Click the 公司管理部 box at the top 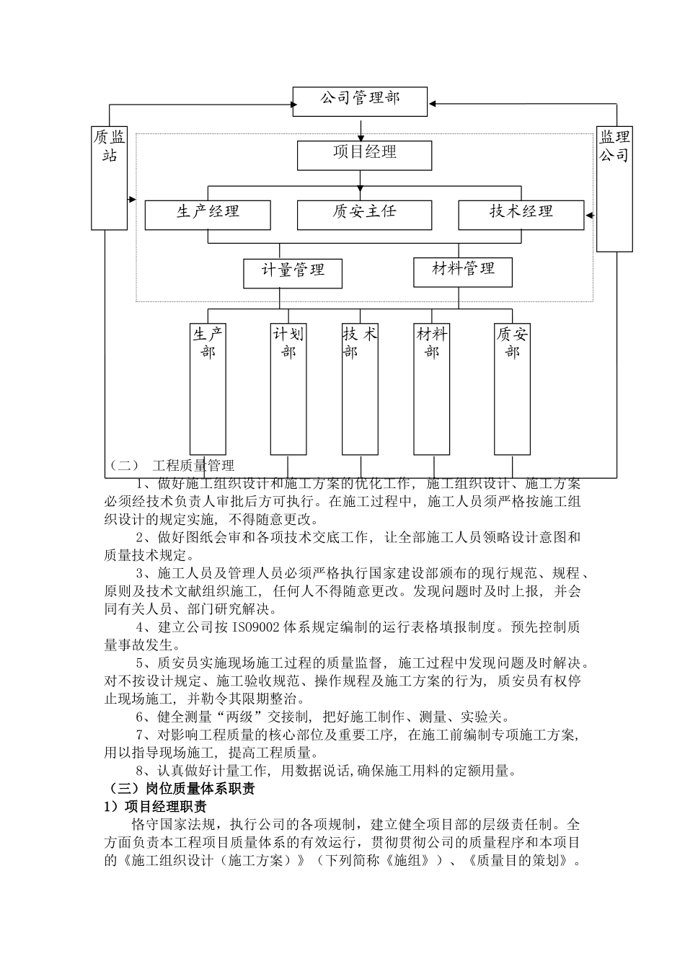[x=360, y=102]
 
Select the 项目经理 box [x=364, y=155]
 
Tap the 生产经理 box [x=208, y=215]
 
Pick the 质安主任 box [x=364, y=215]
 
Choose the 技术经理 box [x=521, y=215]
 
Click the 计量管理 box [x=292, y=273]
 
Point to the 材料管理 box [x=463, y=272]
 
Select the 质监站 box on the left [x=109, y=178]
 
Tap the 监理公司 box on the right [x=614, y=189]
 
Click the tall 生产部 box [x=208, y=389]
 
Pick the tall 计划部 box [x=288, y=389]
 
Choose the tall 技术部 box [x=360, y=389]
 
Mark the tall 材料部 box [x=431, y=389]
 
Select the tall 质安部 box [x=512, y=389]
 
